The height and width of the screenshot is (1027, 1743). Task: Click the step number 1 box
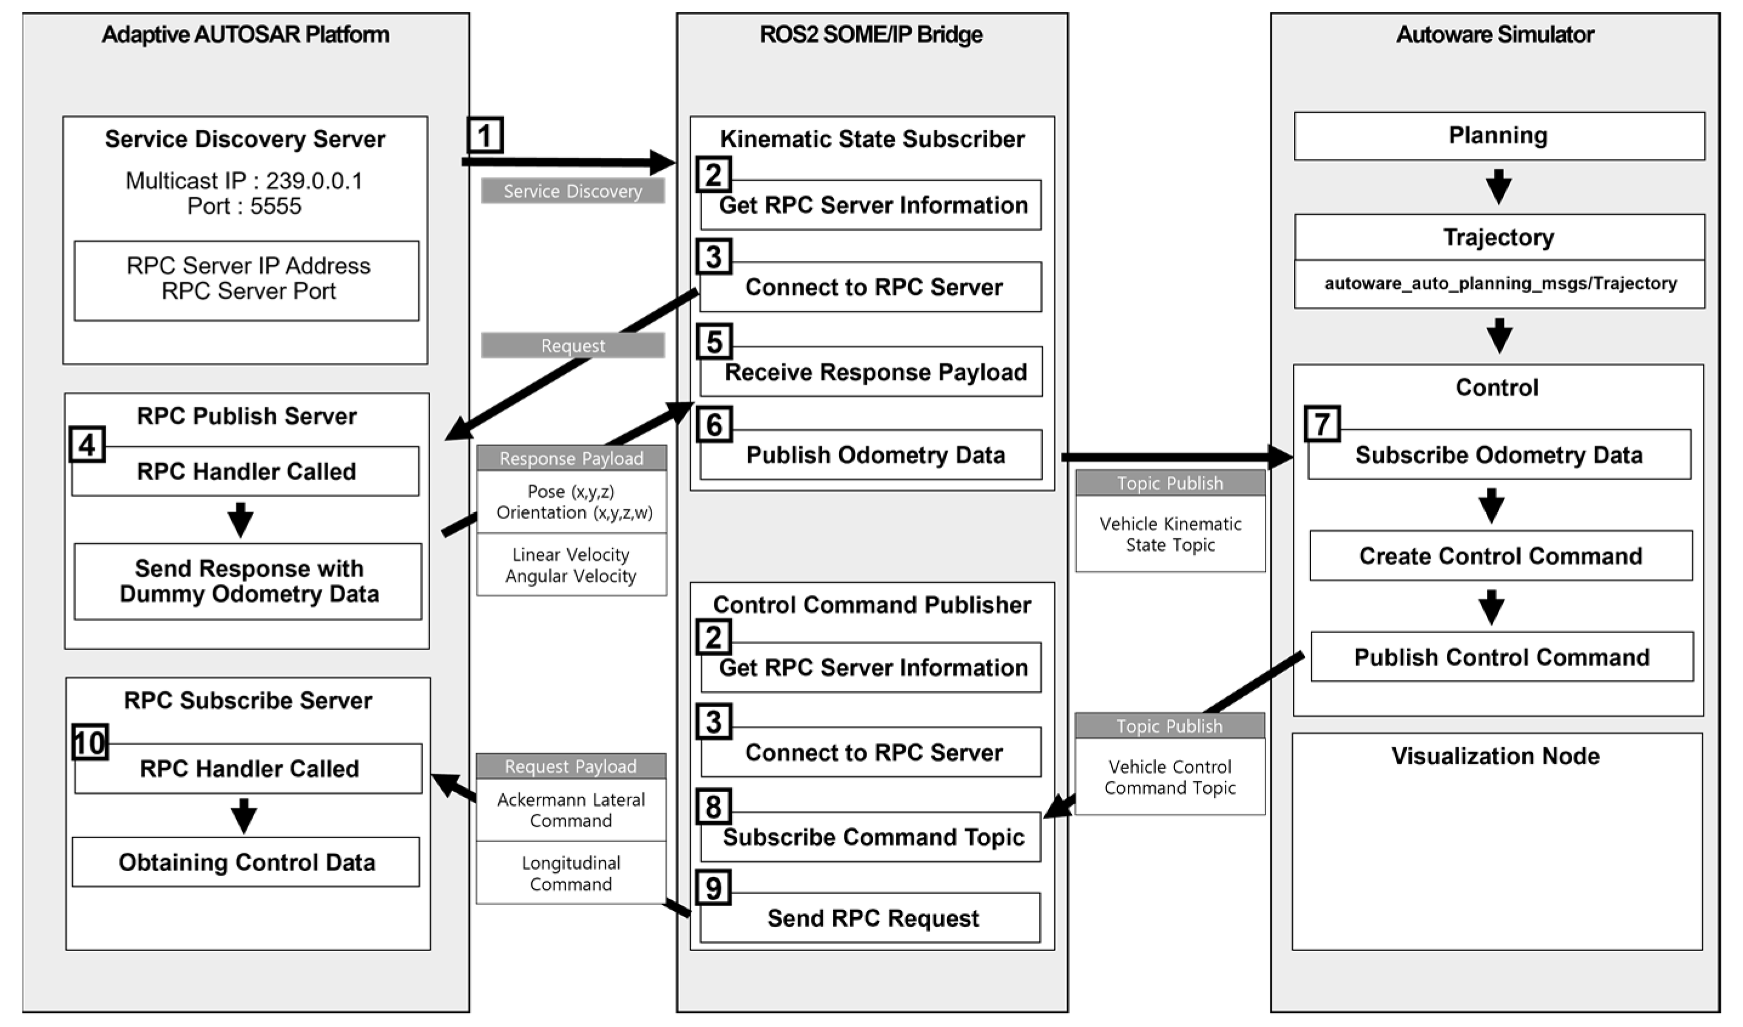point(484,135)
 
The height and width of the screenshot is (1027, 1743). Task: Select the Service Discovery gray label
point(573,191)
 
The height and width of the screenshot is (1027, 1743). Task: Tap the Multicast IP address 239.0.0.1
point(314,181)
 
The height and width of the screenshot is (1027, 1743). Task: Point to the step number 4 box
point(87,444)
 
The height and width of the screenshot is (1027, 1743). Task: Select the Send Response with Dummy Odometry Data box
point(248,581)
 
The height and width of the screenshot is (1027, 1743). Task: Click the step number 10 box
point(90,742)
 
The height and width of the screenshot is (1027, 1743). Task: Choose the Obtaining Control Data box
point(246,863)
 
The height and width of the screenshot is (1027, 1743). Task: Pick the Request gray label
point(573,345)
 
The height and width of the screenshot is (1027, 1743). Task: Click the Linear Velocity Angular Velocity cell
point(571,564)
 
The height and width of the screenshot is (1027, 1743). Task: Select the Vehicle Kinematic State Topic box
point(1170,534)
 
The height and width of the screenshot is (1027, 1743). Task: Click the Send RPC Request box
point(871,918)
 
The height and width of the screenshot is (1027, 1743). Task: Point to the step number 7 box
point(1322,424)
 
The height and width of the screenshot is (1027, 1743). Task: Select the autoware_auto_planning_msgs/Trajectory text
point(1500,283)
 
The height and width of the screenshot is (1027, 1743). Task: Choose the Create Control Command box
point(1500,556)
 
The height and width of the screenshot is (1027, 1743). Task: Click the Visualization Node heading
point(1495,756)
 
